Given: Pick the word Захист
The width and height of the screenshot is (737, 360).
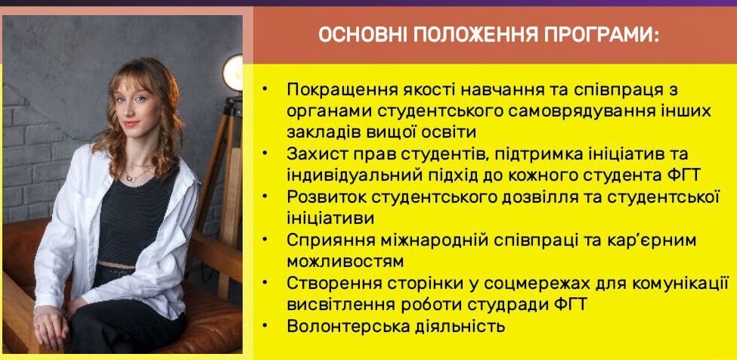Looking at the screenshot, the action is (313, 154).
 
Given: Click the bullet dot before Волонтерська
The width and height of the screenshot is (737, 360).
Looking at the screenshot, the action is (267, 324).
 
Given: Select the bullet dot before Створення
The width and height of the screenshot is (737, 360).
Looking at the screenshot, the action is (267, 282).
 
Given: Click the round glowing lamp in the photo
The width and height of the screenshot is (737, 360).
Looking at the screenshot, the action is (233, 73).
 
